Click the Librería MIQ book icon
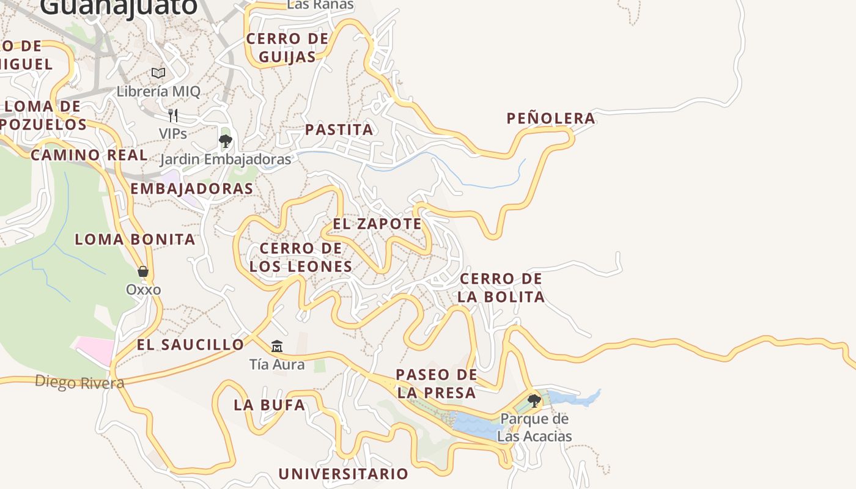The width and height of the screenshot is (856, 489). click(158, 73)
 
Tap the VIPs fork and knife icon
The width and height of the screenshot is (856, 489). click(173, 115)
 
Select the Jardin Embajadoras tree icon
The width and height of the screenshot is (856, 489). click(225, 142)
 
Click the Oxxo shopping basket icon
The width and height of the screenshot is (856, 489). click(143, 271)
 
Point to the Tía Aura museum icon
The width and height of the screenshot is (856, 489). click(277, 347)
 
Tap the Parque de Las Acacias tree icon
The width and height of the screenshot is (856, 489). click(534, 401)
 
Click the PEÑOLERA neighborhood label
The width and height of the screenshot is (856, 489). click(551, 119)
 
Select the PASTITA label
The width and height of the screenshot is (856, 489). click(339, 130)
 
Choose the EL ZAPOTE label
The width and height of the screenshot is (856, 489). click(377, 224)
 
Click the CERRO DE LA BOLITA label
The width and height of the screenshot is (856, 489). click(501, 288)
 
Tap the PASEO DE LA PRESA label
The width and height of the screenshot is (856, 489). click(436, 383)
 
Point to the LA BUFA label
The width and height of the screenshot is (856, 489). click(269, 405)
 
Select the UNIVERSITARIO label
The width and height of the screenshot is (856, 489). click(343, 474)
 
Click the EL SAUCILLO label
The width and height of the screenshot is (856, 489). click(190, 345)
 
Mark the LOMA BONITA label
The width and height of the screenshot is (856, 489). click(135, 239)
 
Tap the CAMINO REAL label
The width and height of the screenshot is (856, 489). click(89, 155)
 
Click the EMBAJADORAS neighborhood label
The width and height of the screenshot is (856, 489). click(191, 188)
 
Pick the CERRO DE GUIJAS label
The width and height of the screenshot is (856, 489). click(287, 48)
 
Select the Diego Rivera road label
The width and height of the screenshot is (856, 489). click(79, 383)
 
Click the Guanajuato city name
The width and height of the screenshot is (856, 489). click(119, 6)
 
